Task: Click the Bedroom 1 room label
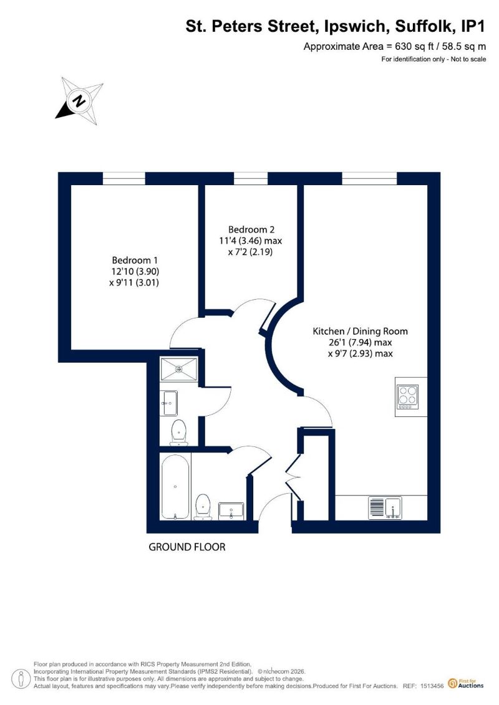(135, 260)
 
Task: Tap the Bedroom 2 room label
(251, 229)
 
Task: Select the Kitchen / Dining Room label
(360, 332)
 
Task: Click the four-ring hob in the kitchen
(408, 396)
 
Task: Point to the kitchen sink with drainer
(385, 507)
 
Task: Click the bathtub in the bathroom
(175, 487)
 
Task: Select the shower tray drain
(179, 369)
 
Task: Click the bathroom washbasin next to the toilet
(231, 511)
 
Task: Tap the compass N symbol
(80, 101)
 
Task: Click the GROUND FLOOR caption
(187, 547)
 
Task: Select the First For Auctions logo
(466, 684)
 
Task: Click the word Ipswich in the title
(354, 27)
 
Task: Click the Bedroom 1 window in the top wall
(124, 179)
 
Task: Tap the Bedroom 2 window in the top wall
(251, 179)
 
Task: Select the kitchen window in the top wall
(369, 179)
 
